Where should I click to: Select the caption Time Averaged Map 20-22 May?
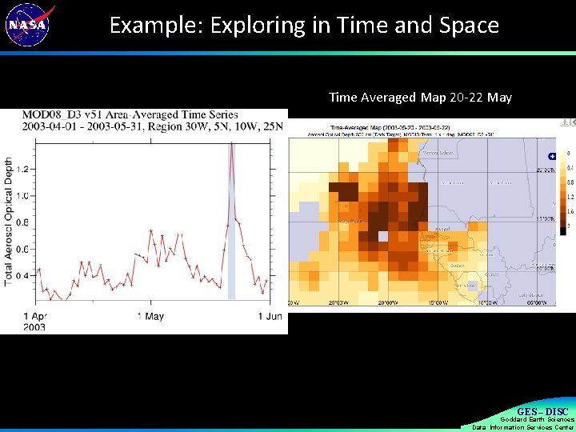[420, 98]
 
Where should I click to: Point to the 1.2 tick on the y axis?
[25, 169]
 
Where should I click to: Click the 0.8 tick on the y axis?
[25, 222]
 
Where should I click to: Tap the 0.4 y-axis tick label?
[25, 276]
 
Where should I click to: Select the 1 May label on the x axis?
[150, 316]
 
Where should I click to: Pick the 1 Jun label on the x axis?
[272, 316]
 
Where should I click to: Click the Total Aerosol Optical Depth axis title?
[9, 222]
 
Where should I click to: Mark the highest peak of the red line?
[231, 144]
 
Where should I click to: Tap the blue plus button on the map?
[550, 156]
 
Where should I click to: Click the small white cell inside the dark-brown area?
[382, 236]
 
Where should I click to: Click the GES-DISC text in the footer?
[542, 411]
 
